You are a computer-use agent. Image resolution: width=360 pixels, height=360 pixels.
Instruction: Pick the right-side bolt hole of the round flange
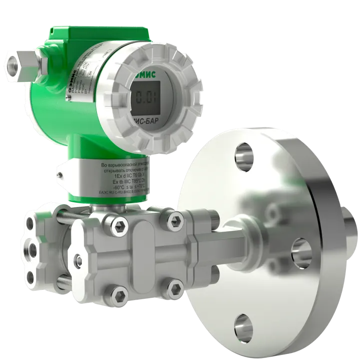pos(299,247)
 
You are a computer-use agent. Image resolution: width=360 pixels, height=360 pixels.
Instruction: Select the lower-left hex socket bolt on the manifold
pos(115,295)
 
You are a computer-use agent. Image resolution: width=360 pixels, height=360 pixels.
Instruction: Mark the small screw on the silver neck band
pos(59,175)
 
